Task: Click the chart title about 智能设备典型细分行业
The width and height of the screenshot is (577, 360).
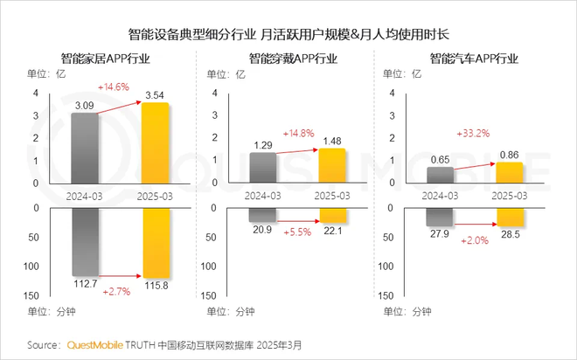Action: [x=288, y=34]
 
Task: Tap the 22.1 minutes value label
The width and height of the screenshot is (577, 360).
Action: [x=333, y=229]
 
